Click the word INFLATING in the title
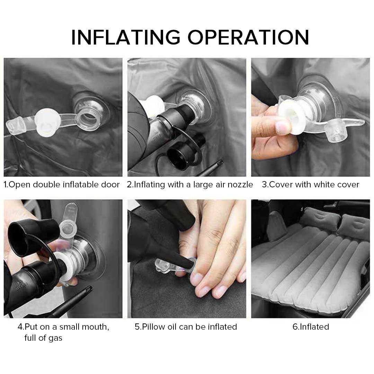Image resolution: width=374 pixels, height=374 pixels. pyautogui.click(x=125, y=37)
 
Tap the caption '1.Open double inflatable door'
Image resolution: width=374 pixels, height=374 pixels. pyautogui.click(x=62, y=185)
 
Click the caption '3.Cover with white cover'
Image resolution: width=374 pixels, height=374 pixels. pyautogui.click(x=311, y=185)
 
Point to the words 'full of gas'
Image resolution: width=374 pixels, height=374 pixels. pyautogui.click(x=43, y=338)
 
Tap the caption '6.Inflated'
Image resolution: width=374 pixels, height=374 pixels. pyautogui.click(x=311, y=327)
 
